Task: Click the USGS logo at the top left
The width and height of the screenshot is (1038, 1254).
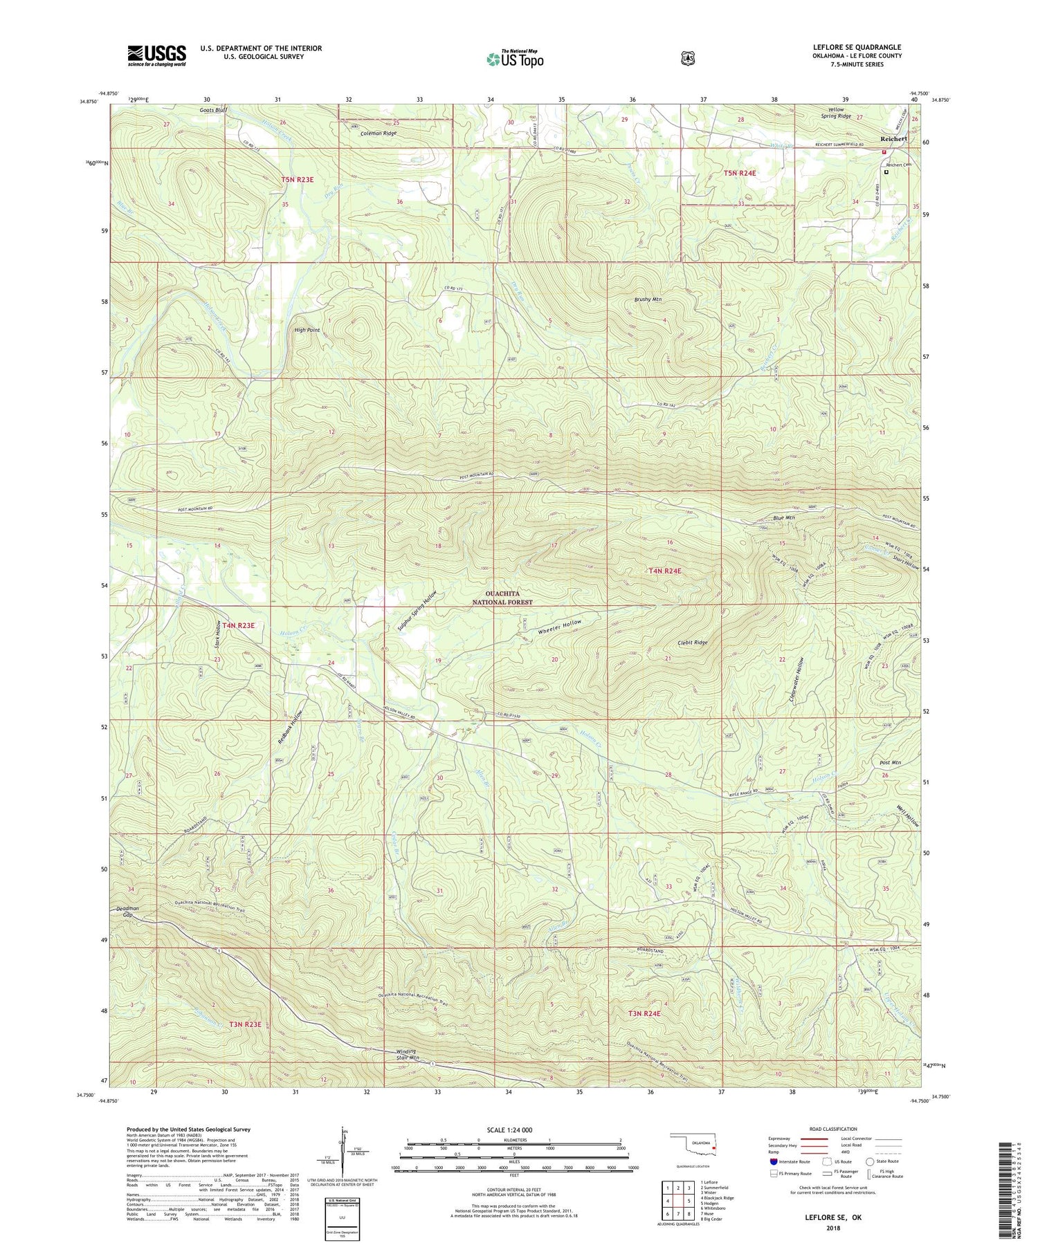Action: click(156, 55)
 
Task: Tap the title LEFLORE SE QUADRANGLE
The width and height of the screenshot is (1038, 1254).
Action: click(857, 47)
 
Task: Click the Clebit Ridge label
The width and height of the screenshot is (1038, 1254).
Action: click(692, 643)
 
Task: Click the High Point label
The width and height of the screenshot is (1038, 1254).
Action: click(307, 330)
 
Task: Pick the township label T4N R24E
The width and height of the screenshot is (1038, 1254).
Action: click(664, 571)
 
